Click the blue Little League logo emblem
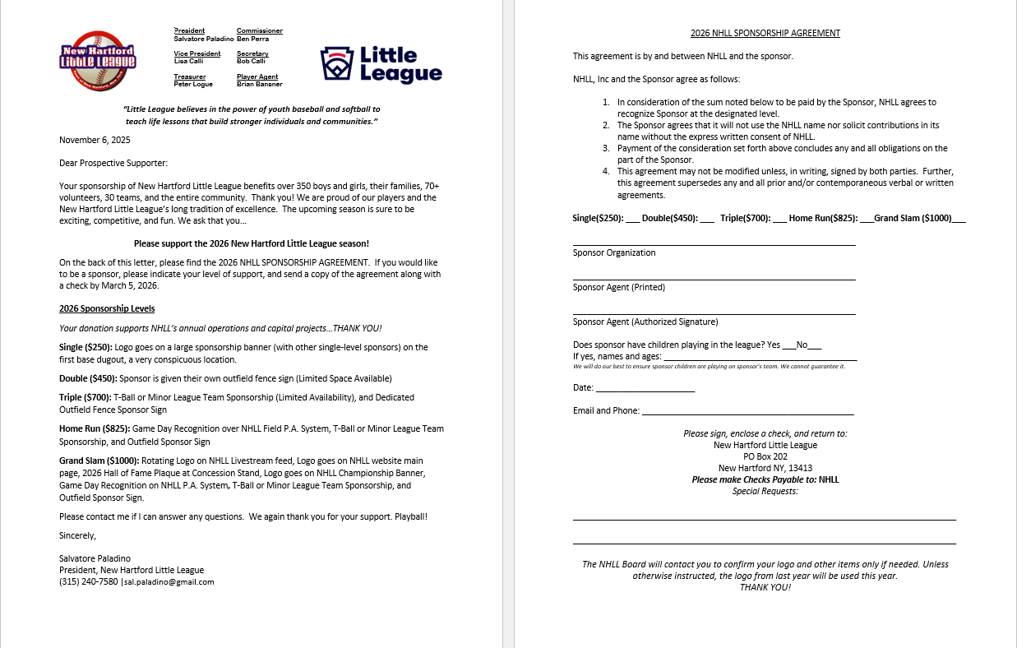335,64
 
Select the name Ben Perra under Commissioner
252,39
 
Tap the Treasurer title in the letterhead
189,76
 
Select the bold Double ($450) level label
88,378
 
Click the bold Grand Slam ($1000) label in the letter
99,461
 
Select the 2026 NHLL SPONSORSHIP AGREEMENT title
765,33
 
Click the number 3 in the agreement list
606,148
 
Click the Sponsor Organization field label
614,252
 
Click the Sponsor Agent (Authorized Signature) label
645,322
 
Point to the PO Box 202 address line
765,456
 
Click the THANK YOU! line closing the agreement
765,587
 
